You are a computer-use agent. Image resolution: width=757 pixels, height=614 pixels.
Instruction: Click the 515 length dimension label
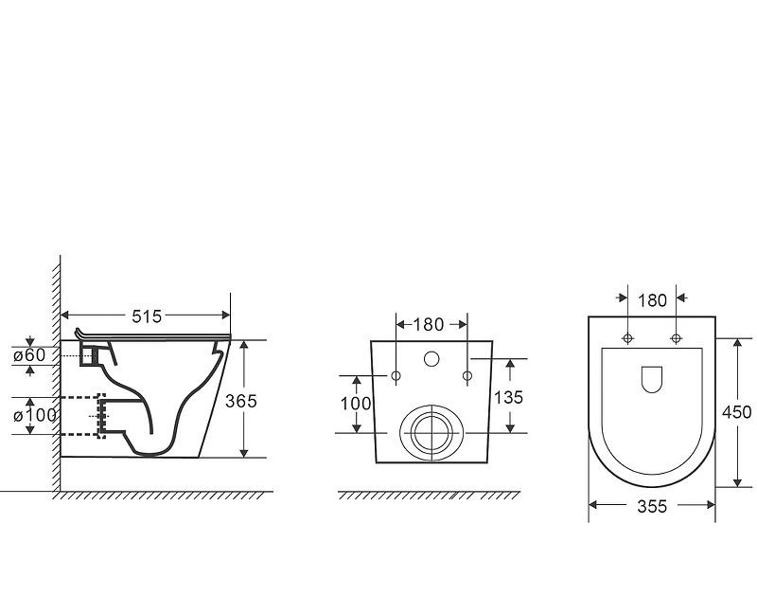pos(147,316)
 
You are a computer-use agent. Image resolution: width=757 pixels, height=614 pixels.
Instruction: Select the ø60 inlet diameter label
pos(29,355)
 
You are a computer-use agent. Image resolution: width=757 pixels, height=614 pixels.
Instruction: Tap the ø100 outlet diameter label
pos(34,415)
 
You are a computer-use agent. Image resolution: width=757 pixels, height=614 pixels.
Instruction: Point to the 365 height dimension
pos(241,401)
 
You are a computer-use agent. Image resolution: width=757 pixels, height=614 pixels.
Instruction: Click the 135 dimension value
pos(508,397)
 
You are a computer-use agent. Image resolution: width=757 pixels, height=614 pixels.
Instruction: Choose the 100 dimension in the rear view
pos(356,403)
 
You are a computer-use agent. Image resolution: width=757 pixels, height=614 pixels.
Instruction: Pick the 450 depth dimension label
pos(736,412)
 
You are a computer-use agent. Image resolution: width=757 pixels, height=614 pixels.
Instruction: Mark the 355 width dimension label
pos(651,507)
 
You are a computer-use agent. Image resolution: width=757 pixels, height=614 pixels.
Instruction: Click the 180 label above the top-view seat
pos(652,300)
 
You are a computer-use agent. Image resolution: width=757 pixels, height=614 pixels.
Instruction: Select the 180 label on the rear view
pos(429,324)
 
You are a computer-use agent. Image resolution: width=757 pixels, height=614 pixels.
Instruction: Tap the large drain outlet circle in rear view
pos(432,433)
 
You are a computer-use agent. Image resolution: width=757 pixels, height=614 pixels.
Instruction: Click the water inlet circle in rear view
pos(432,360)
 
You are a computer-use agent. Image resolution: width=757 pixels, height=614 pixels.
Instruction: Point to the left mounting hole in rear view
pos(396,376)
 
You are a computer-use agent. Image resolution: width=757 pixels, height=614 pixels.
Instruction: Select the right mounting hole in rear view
pos(467,376)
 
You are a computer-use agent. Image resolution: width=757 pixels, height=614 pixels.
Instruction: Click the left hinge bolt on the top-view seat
pos(628,338)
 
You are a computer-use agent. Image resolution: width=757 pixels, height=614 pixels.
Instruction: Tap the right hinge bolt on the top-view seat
pos(676,338)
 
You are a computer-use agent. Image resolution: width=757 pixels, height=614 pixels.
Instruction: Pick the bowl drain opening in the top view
pos(651,379)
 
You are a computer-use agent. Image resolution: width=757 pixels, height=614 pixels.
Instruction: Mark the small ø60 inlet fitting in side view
pos(89,355)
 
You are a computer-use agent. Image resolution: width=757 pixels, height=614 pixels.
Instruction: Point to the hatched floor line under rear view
pos(429,496)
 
